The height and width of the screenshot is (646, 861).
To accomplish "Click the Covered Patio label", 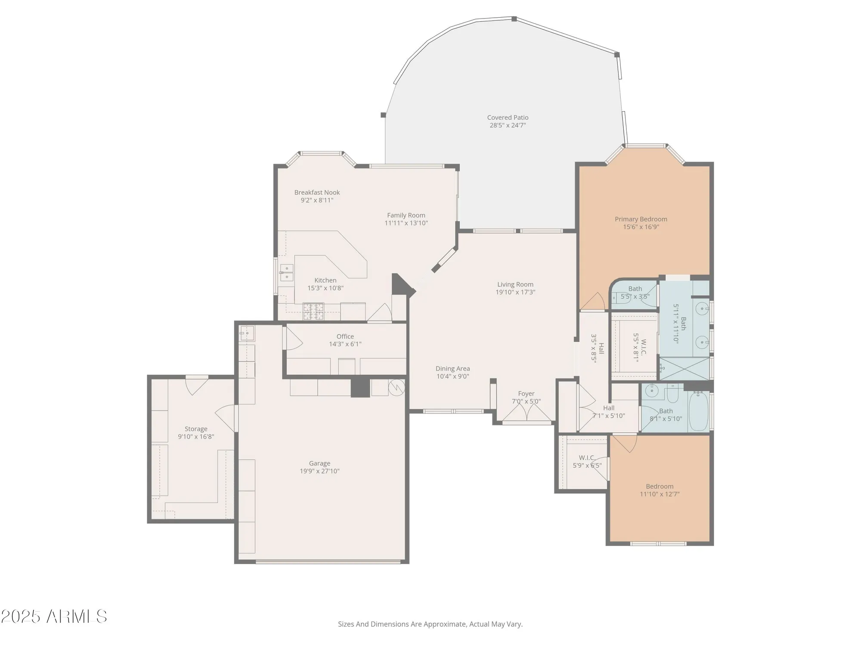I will (x=508, y=118).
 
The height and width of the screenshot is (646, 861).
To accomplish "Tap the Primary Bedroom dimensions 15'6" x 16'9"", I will (x=641, y=227).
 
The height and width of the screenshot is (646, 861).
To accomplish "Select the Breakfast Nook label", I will (x=317, y=193).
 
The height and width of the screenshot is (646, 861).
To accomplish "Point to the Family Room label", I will (x=406, y=215).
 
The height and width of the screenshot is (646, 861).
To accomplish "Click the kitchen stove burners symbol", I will (x=313, y=311).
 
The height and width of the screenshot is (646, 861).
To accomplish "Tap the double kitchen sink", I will (x=287, y=272).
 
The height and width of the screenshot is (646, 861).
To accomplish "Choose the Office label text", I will (x=345, y=336).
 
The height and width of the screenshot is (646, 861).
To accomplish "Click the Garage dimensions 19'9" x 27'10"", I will (x=319, y=471).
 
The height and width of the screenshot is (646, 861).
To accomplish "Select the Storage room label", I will (x=196, y=429).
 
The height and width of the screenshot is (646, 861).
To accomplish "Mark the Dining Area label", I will (x=452, y=369).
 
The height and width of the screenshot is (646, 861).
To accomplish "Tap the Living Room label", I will (x=515, y=284).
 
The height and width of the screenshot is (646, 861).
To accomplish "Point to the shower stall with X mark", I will (x=684, y=369).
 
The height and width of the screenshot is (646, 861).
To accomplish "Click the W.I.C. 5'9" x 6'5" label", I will (x=587, y=462).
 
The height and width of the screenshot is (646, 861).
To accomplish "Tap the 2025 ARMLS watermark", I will (x=53, y=617).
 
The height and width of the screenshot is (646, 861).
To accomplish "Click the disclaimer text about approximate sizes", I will (x=430, y=624).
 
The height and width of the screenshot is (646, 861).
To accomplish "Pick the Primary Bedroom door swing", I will (x=595, y=301).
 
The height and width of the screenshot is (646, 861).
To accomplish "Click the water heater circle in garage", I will (x=396, y=387).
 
